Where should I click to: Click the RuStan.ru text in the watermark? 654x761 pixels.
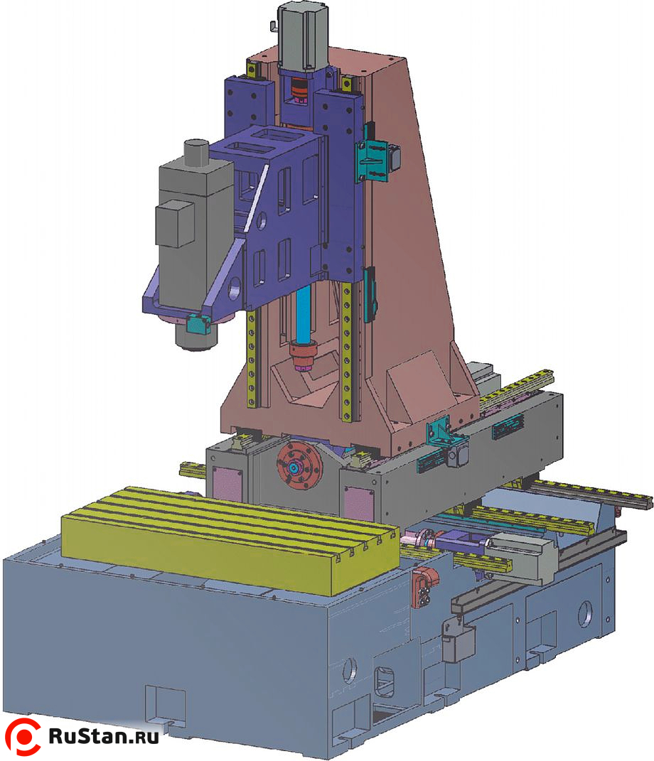click(103, 736)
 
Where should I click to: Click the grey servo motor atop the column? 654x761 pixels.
click(303, 34)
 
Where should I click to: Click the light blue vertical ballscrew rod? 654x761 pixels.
click(304, 314)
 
